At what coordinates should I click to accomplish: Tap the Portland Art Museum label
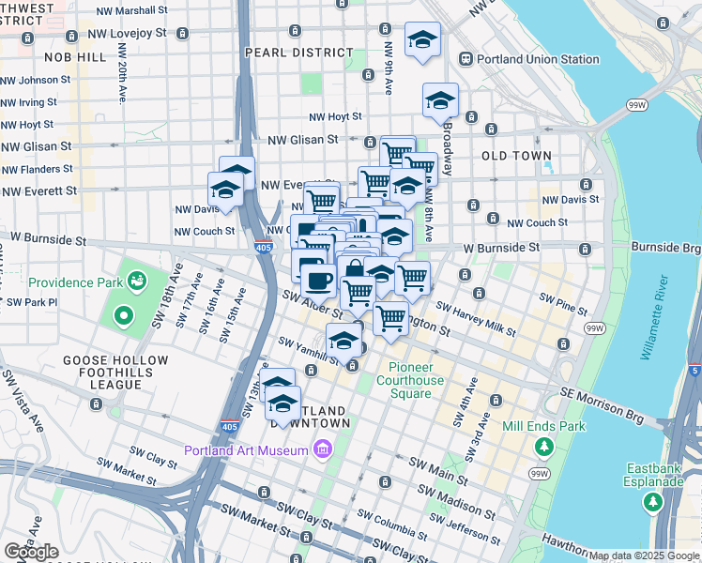click(x=246, y=450)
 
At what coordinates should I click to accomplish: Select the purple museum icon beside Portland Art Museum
click(x=323, y=450)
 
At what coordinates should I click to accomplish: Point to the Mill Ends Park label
click(x=543, y=426)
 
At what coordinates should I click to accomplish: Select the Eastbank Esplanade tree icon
click(x=652, y=502)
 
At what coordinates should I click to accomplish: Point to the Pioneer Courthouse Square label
click(x=410, y=380)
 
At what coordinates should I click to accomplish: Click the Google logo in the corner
click(x=31, y=552)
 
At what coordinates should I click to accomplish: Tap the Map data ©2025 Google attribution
click(x=644, y=555)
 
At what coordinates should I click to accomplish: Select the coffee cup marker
click(x=318, y=279)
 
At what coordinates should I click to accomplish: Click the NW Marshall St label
click(x=132, y=10)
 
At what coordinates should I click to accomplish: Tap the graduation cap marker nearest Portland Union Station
click(x=422, y=40)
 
